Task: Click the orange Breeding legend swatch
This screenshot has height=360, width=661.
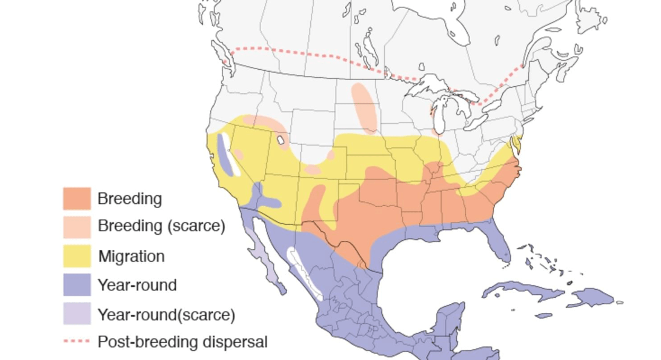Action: point(77,199)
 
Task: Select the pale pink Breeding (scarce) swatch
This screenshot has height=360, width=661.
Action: point(77,227)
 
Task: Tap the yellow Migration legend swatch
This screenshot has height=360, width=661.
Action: point(77,256)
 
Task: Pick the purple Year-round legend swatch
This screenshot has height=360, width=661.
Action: point(77,285)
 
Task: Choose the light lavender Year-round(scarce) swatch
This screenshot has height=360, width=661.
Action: point(77,314)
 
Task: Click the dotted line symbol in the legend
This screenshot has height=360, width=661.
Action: point(77,341)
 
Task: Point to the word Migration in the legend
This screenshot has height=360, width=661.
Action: point(131,256)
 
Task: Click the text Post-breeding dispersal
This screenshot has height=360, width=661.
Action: point(182,342)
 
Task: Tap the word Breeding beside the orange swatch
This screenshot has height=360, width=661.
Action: point(130,199)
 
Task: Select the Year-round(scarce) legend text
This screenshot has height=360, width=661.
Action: point(166,315)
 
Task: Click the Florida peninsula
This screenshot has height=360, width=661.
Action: point(501,244)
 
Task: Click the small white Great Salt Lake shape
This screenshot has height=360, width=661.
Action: point(281,140)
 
